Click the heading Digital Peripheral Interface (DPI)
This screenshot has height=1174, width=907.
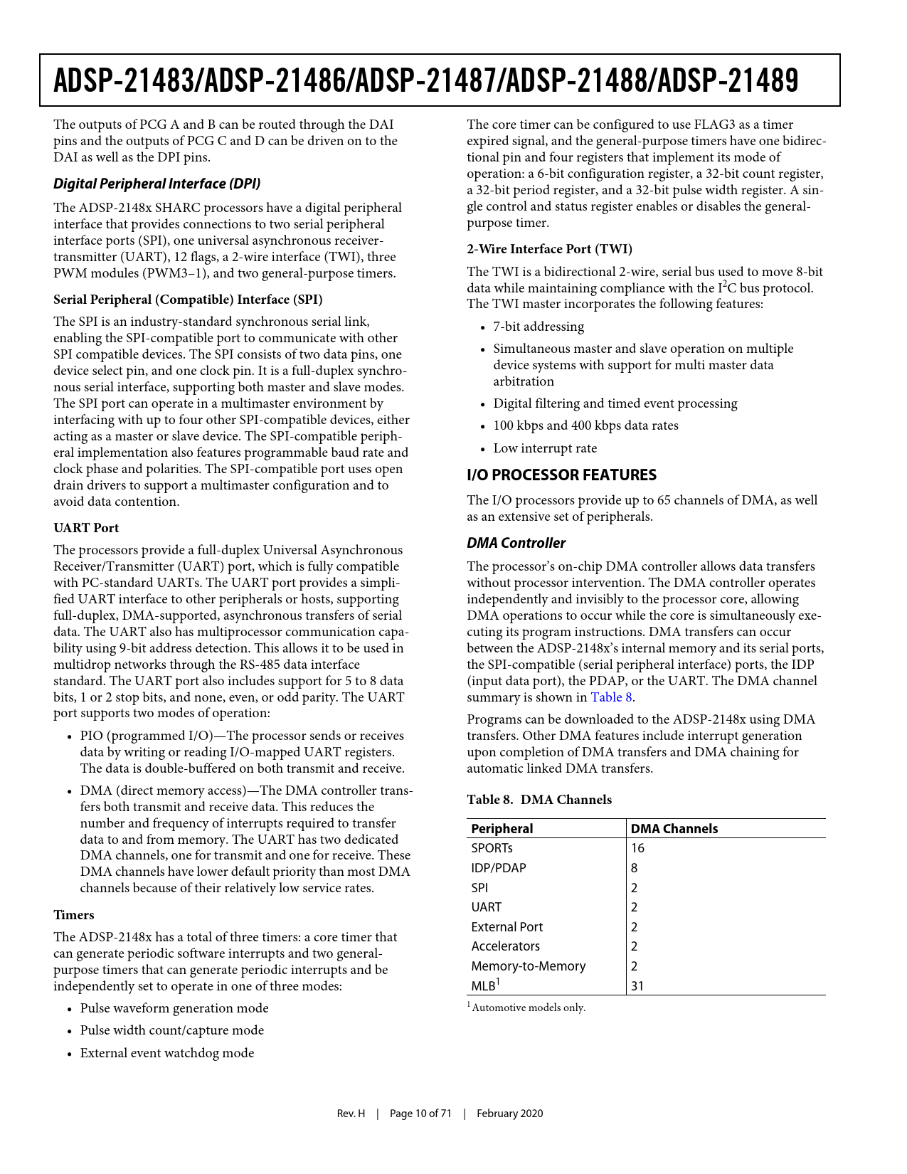[x=157, y=184]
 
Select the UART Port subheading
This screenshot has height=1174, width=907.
[x=86, y=528]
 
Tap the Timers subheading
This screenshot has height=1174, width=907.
[x=74, y=915]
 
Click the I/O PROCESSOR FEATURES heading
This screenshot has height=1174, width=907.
[x=561, y=475]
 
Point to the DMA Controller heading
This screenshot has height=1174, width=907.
[x=516, y=543]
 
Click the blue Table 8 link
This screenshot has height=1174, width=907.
[x=611, y=697]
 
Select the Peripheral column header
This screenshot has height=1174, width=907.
[x=502, y=829]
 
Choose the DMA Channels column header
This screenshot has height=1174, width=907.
[x=674, y=829]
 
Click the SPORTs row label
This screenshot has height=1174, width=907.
[x=492, y=848]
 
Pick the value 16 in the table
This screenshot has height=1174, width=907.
[x=637, y=848]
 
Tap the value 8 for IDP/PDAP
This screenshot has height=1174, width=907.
[x=634, y=868]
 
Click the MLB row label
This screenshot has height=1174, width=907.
[x=484, y=986]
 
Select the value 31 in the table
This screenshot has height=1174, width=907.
[x=637, y=986]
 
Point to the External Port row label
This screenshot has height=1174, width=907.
[x=506, y=927]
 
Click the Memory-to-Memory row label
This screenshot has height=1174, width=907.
[x=528, y=966]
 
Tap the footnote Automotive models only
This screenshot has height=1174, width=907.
[x=528, y=1008]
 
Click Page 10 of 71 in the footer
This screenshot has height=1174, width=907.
[x=420, y=1114]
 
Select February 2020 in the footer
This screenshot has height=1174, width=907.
[x=509, y=1114]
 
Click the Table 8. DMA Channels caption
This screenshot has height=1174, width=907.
[x=539, y=800]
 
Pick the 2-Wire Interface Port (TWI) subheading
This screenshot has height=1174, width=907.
[x=549, y=249]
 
